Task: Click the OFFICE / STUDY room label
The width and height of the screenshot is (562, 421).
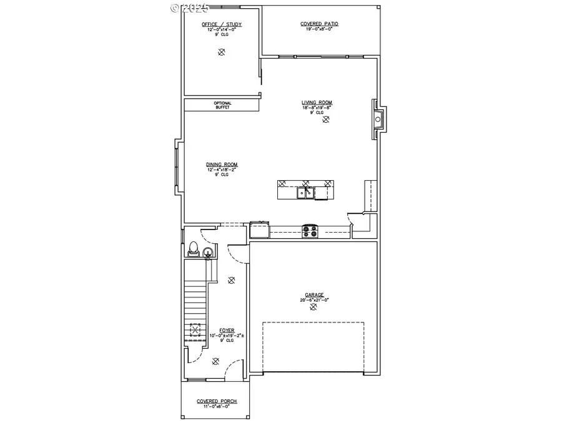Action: pos(221,24)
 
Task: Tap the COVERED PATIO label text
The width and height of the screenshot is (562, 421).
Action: pos(319,24)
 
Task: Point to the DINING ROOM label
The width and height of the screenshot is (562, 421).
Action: pos(222,165)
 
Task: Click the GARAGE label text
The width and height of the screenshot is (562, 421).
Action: pos(314,295)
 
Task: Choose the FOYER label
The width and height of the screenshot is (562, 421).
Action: pos(226,331)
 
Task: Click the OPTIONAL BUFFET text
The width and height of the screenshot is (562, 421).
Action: pos(222,105)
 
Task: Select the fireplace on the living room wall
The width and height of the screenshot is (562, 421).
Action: pos(378,119)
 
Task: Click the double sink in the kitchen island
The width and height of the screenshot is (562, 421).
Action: pos(307,193)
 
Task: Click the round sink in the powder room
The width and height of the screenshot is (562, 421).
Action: pos(207,252)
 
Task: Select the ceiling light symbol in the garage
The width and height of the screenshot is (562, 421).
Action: pos(314,307)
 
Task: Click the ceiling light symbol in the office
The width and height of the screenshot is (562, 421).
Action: pos(221,53)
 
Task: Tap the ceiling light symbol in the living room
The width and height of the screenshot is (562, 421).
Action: pos(325,121)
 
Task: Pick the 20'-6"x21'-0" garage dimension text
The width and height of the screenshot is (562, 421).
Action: pos(314,300)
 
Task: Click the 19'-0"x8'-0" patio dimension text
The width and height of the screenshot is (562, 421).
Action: pos(319,29)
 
